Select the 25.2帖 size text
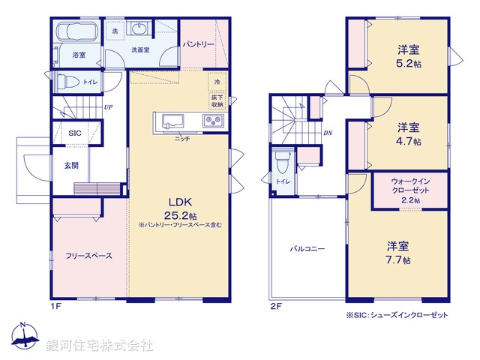pos(175,214)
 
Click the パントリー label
pos(198,45)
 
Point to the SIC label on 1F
pos(75,133)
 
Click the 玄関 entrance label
pos(71,164)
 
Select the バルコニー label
pos(307,249)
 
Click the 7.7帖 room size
pos(398,260)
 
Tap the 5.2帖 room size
pos(409,65)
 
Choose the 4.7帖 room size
pos(409,141)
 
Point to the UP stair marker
pos(109,107)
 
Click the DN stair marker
pos(328,133)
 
